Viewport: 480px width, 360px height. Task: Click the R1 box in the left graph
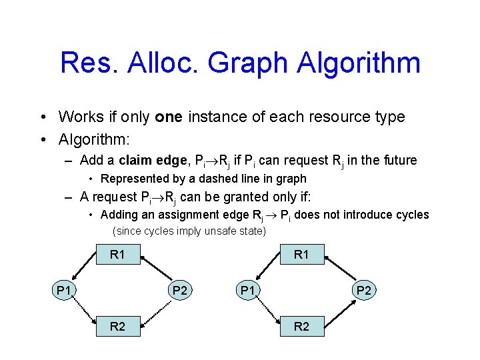point(117,254)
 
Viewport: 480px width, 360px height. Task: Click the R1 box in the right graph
point(301,254)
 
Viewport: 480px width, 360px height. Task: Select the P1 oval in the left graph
point(64,290)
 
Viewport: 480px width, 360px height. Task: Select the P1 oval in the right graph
point(248,290)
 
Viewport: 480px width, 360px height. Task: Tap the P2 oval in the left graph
point(179,290)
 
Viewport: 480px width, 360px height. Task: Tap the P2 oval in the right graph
point(363,290)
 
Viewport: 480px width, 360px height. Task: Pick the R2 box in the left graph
point(117,326)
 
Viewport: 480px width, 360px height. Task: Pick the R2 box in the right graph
point(301,326)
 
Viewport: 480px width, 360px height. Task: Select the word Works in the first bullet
point(80,117)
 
